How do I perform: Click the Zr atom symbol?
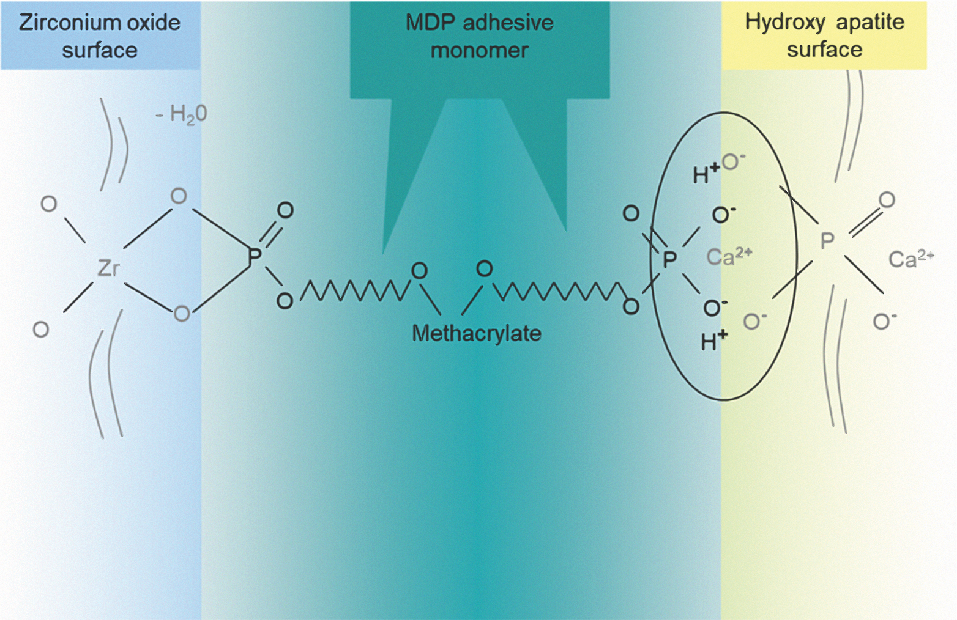coord(108,268)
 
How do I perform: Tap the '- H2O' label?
coord(181,114)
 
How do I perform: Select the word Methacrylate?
coord(477,333)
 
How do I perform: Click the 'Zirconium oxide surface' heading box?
coord(100,35)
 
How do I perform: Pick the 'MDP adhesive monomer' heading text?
coord(479,36)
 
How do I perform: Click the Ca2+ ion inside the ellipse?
coord(729,257)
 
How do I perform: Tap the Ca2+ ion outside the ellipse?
coord(911,258)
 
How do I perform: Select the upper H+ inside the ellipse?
coord(706,174)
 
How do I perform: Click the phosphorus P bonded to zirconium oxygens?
coord(254,256)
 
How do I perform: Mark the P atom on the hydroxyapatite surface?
coord(827,241)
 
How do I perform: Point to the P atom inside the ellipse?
coord(669,260)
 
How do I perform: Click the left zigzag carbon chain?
coord(356,290)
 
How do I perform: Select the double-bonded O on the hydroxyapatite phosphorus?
coord(887,199)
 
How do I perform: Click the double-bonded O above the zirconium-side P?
coord(285,210)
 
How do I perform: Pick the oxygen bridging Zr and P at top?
coord(179,196)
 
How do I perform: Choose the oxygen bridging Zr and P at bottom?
coord(182,314)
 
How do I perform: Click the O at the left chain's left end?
coord(285,301)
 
